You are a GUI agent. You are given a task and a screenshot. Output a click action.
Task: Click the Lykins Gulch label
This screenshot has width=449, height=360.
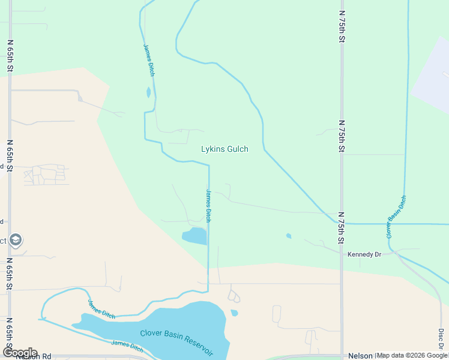224,149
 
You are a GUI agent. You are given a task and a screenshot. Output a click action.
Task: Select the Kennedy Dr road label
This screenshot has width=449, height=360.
364,254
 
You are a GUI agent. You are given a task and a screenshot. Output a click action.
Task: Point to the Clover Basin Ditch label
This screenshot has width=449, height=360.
396,217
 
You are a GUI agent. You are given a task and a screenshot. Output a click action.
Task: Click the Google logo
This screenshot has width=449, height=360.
19,353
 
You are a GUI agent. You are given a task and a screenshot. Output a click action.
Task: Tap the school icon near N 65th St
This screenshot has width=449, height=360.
16,240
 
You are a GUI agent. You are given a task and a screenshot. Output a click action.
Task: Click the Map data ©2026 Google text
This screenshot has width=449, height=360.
412,356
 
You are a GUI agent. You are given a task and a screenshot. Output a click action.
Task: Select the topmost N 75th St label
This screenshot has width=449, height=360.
341,26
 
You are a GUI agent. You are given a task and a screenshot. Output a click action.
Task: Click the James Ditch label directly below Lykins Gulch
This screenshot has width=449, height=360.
208,206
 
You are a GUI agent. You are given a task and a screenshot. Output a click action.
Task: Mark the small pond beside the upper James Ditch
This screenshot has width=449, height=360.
148,93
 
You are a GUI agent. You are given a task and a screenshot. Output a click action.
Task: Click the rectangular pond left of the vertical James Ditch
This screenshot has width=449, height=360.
194,236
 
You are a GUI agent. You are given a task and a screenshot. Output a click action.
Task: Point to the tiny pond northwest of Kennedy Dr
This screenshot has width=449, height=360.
289,236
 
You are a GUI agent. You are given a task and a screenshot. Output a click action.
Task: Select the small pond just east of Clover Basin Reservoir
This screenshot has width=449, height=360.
234,313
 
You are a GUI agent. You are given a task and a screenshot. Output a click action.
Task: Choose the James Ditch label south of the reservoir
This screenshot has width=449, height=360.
127,346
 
